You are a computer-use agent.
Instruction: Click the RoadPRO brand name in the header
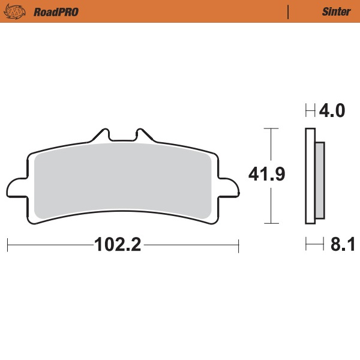(56, 11)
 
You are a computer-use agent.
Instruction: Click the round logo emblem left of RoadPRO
(20, 11)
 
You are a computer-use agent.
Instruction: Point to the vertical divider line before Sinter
(289, 11)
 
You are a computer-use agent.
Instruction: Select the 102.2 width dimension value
(117, 245)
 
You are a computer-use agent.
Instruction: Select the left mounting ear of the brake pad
(17, 187)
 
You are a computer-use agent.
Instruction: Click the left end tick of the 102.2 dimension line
(7, 245)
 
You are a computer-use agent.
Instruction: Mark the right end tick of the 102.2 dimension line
(239, 245)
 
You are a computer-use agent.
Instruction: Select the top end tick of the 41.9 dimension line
(272, 128)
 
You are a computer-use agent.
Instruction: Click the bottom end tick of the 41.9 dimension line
(272, 223)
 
